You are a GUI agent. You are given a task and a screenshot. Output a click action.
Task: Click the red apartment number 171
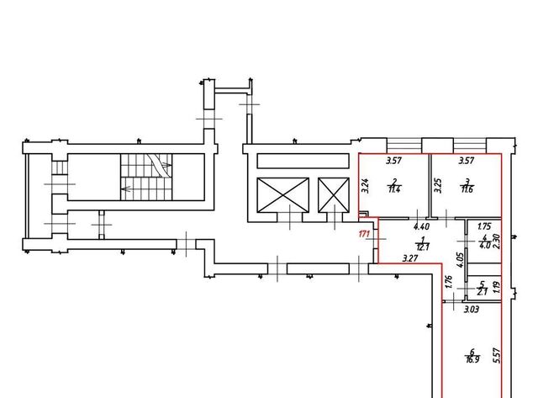click(x=364, y=234)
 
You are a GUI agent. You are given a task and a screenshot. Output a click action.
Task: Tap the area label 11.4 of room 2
click(x=395, y=188)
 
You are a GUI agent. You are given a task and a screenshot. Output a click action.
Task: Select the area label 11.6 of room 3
click(x=467, y=188)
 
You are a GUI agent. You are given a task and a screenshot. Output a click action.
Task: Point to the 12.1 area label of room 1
click(x=423, y=247)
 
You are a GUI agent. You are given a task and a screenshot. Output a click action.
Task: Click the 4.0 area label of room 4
click(x=484, y=245)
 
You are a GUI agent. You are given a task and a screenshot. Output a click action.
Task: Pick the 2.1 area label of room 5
click(x=483, y=292)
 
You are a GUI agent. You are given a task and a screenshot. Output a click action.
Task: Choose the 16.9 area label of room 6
click(x=472, y=359)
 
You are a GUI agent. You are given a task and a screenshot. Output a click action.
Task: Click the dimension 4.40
click(x=422, y=226)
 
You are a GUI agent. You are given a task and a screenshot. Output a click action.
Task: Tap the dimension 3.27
click(x=410, y=257)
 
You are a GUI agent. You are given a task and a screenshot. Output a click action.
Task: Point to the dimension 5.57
click(x=497, y=355)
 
